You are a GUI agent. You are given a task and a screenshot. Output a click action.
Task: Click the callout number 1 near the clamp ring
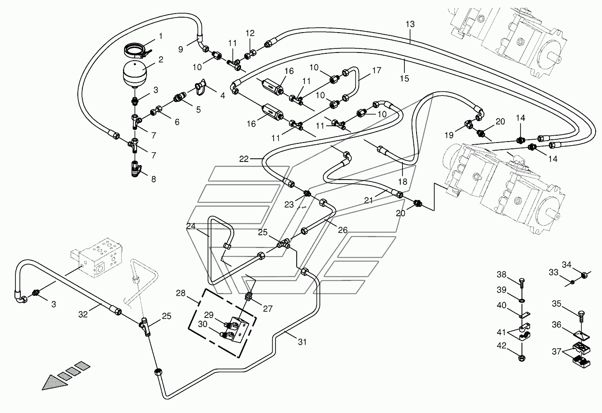pyautogui.click(x=161, y=36)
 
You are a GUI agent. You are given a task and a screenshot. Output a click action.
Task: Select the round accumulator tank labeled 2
pyautogui.click(x=135, y=75)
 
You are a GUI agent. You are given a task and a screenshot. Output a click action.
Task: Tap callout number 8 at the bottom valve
pyautogui.click(x=153, y=179)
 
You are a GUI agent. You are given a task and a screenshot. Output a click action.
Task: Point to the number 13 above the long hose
pyautogui.click(x=410, y=24)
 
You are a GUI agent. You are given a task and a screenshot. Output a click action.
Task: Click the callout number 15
pyautogui.click(x=404, y=78)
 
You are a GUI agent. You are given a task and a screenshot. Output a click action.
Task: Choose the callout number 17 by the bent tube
pyautogui.click(x=377, y=71)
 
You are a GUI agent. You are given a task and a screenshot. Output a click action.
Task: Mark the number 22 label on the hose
pyautogui.click(x=244, y=159)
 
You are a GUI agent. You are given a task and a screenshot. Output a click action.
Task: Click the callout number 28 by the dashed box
pyautogui.click(x=181, y=293)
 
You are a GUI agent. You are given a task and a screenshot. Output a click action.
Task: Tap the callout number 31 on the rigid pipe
pyautogui.click(x=302, y=342)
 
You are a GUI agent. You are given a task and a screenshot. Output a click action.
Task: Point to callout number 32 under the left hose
pyautogui.click(x=83, y=314)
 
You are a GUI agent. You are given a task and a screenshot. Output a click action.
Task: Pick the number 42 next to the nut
pyautogui.click(x=502, y=346)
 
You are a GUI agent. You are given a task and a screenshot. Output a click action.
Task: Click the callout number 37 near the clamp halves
pyautogui.click(x=557, y=351)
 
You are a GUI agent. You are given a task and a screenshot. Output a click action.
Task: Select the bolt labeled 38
pyautogui.click(x=521, y=283)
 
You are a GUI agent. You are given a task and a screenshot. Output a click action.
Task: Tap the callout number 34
pyautogui.click(x=567, y=265)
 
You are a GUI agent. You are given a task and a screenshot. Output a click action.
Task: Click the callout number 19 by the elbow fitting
pyautogui.click(x=449, y=135)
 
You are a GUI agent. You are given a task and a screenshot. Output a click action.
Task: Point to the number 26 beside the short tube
pyautogui.click(x=343, y=230)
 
